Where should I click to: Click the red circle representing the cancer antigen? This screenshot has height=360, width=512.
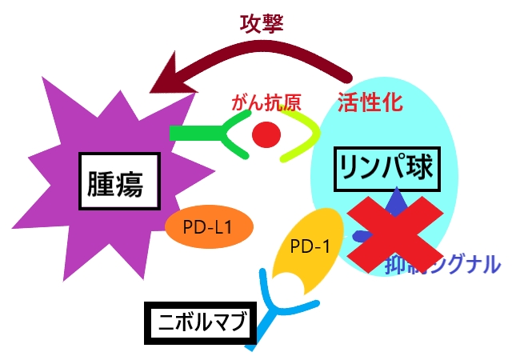click(x=266, y=134)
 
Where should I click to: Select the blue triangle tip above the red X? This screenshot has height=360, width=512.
click(x=394, y=198)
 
